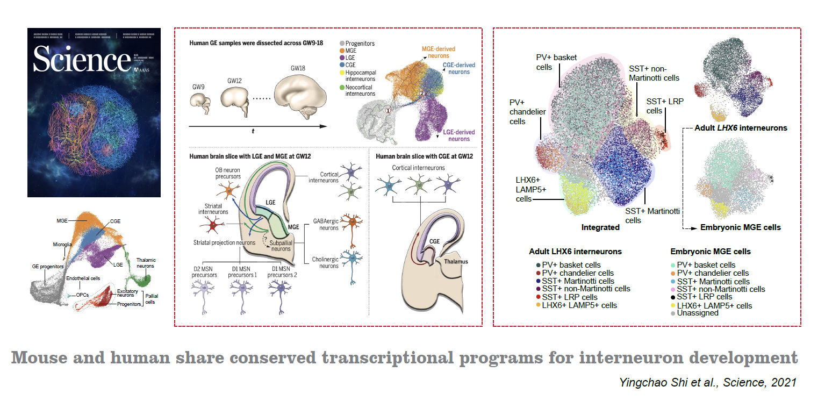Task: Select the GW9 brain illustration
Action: (x=202, y=102)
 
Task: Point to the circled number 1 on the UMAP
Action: (x=387, y=110)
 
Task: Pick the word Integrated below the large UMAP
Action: (x=600, y=227)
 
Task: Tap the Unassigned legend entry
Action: (x=698, y=313)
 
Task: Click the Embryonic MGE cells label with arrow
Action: (x=740, y=227)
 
